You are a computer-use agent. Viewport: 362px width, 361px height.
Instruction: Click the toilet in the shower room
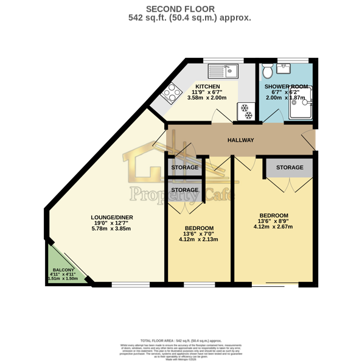pos(266,72)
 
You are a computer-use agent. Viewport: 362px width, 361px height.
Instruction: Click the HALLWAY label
pos(240,141)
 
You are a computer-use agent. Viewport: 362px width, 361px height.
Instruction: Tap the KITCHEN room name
pos(207,86)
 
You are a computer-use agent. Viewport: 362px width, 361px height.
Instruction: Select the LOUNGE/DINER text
pos(107,217)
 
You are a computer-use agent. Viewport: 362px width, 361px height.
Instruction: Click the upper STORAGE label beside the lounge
pos(184,167)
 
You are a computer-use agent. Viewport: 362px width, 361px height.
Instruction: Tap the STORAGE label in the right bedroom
pos(290,167)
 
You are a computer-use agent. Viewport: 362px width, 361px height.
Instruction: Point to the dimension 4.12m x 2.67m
pos(273,227)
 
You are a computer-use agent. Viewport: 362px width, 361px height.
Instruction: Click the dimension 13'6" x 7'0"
pos(198,233)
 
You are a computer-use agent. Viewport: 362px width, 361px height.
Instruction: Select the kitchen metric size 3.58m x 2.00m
pos(207,98)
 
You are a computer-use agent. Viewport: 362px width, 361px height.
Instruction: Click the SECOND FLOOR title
pos(181,9)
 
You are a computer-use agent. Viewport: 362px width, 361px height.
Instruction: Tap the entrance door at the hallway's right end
pos(312,142)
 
